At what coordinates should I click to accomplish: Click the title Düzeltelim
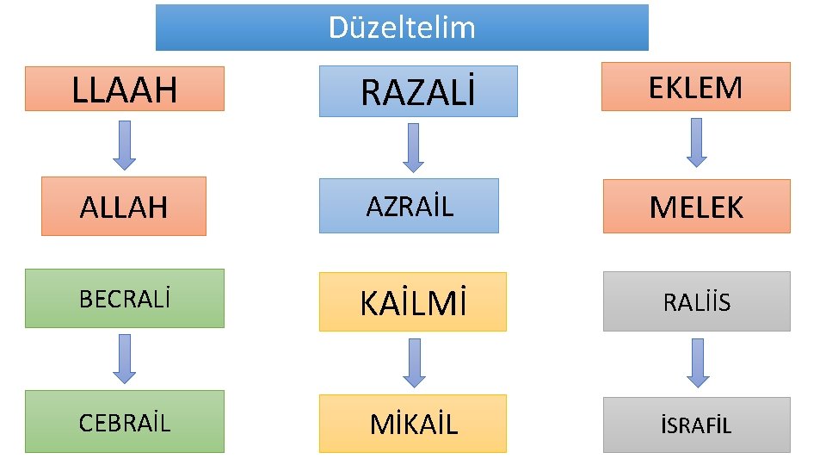[x=402, y=28]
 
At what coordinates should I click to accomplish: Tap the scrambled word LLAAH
[x=125, y=89]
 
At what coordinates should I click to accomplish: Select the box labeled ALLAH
[x=124, y=207]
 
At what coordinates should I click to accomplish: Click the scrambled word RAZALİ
[x=418, y=91]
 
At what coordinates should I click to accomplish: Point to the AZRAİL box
[x=409, y=206]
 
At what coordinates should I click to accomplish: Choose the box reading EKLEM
[x=695, y=87]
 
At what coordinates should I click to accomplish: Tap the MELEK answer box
[x=696, y=207]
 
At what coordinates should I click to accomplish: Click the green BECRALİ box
[x=125, y=299]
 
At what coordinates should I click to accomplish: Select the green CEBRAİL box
[x=125, y=422]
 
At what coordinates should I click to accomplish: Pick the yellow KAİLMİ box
[x=413, y=302]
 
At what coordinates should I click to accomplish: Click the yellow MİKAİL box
[x=413, y=424]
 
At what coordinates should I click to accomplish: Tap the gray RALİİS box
[x=696, y=301]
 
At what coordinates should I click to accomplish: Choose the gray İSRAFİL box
[x=696, y=425]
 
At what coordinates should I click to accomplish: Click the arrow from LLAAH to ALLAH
[x=125, y=144]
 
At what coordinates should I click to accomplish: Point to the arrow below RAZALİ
[x=414, y=147]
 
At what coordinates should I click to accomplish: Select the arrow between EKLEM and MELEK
[x=697, y=142]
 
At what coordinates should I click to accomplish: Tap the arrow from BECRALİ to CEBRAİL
[x=125, y=358]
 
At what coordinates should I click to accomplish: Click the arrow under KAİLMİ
[x=415, y=362]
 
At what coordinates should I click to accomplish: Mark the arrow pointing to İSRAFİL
[x=697, y=362]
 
